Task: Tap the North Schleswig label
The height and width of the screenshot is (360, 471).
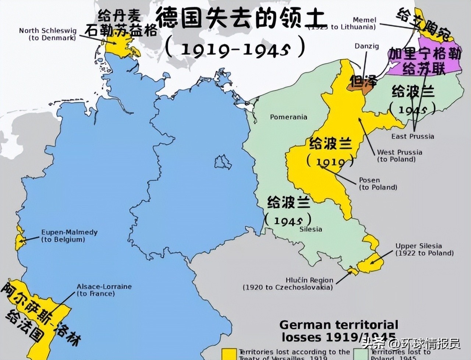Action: pos(47,34)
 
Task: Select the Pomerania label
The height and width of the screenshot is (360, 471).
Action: pos(288,117)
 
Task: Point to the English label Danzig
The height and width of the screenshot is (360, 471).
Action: pos(366,46)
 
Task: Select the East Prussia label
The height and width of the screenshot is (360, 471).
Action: pos(412,136)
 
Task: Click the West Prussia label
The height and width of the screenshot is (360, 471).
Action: pos(399,155)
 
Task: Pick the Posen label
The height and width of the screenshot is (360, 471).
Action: pos(378,183)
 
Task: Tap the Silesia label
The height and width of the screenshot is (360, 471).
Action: pos(311,229)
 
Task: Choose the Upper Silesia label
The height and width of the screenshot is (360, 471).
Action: pos(424,249)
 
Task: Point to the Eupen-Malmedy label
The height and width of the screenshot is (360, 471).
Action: pos(69,236)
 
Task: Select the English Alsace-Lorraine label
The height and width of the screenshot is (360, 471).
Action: pos(104,290)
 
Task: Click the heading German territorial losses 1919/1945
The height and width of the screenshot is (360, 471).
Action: pos(339,331)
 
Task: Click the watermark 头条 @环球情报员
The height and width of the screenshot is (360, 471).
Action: pos(410,343)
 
